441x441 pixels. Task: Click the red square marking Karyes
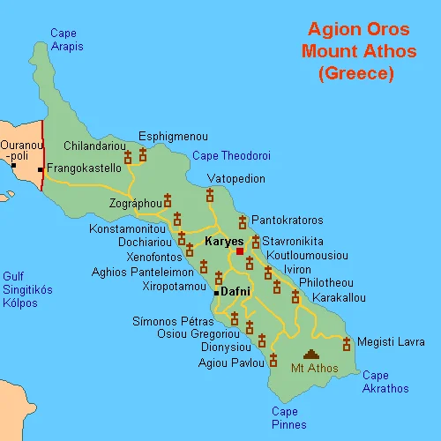239,251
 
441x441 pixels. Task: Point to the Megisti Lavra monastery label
384,342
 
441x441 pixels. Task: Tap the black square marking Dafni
216,292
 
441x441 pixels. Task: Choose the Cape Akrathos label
385,382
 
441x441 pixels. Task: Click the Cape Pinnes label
289,418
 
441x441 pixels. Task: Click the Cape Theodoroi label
231,156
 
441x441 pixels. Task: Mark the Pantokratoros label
287,220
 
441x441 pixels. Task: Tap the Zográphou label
135,204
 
